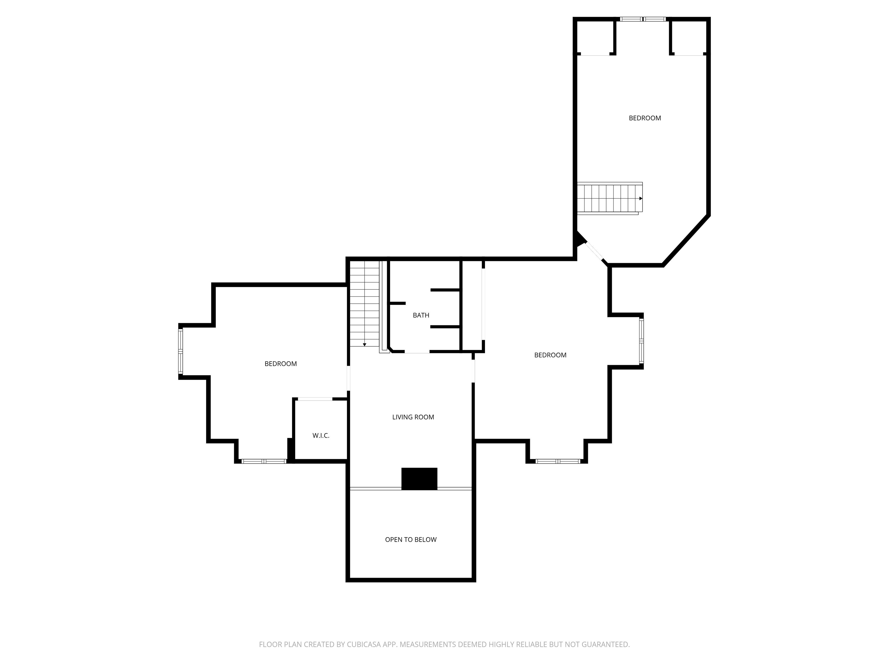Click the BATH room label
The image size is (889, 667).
coord(421,315)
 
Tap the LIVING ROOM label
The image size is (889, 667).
coord(413,417)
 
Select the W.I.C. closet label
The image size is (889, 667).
coord(321,435)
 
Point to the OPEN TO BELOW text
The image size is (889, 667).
coord(410,540)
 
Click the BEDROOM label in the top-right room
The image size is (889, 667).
coord(645,118)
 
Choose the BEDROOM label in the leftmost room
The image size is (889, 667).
coord(280,363)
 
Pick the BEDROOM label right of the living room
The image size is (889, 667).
coord(550,355)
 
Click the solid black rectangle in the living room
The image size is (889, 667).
coord(419,479)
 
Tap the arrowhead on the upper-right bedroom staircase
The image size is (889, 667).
coord(641,199)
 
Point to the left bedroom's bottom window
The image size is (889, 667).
coord(264,461)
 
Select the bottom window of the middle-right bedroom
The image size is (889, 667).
coord(558,461)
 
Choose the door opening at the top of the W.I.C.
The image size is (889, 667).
coord(315,399)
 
